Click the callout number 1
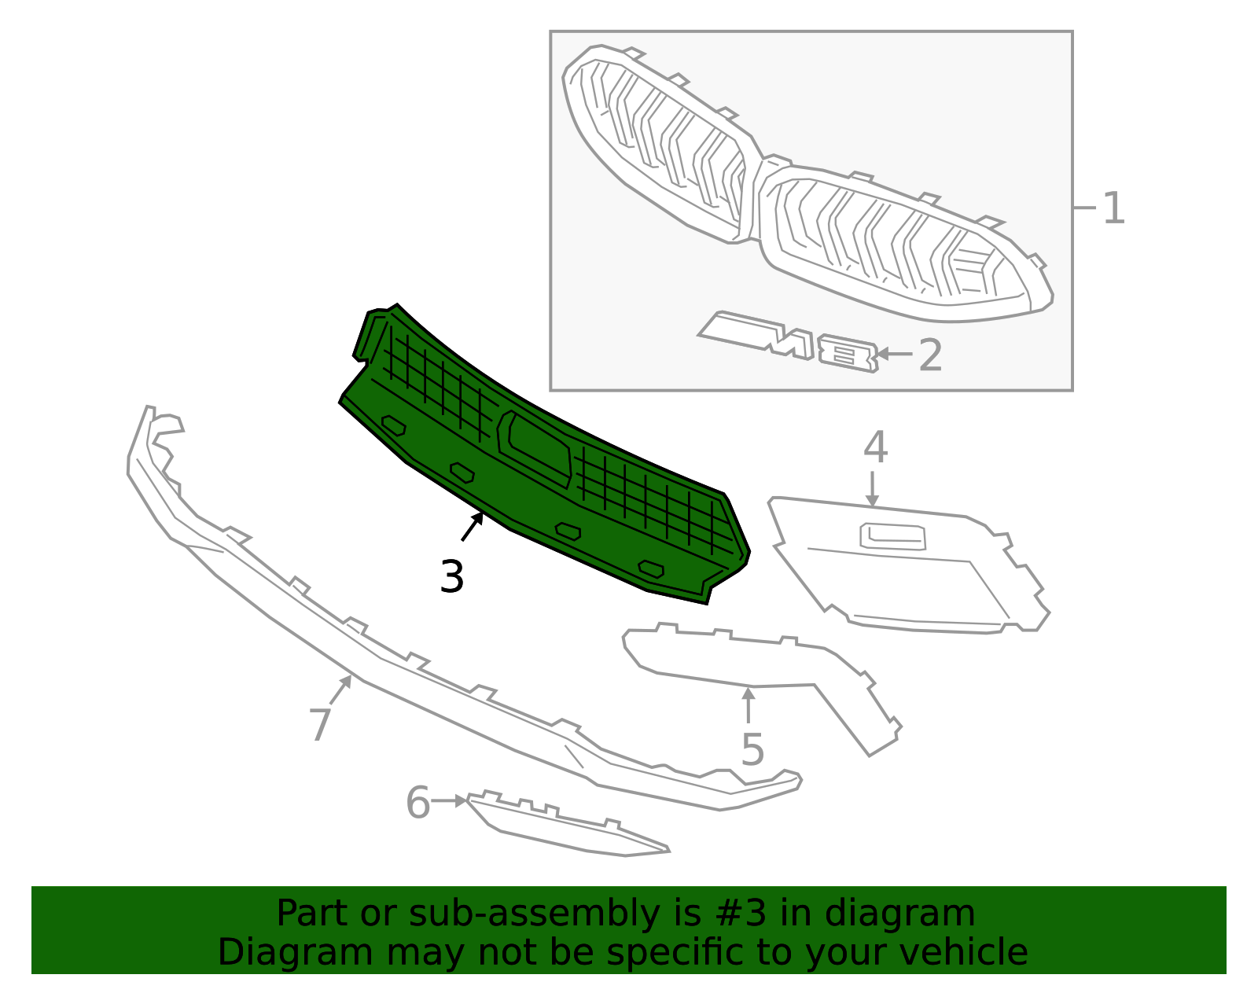coord(1113,208)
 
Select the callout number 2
coord(930,355)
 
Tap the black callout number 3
coord(451,576)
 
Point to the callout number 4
coord(875,447)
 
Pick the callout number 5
coord(752,750)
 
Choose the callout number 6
coord(418,803)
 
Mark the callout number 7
coord(320,724)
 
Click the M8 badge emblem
coord(789,341)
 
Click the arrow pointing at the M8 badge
coord(895,353)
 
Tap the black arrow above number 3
coord(472,527)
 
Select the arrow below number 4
coord(873,489)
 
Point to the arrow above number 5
coord(749,704)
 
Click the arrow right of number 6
coord(449,801)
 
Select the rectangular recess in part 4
coord(892,536)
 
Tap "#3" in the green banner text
coord(741,913)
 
